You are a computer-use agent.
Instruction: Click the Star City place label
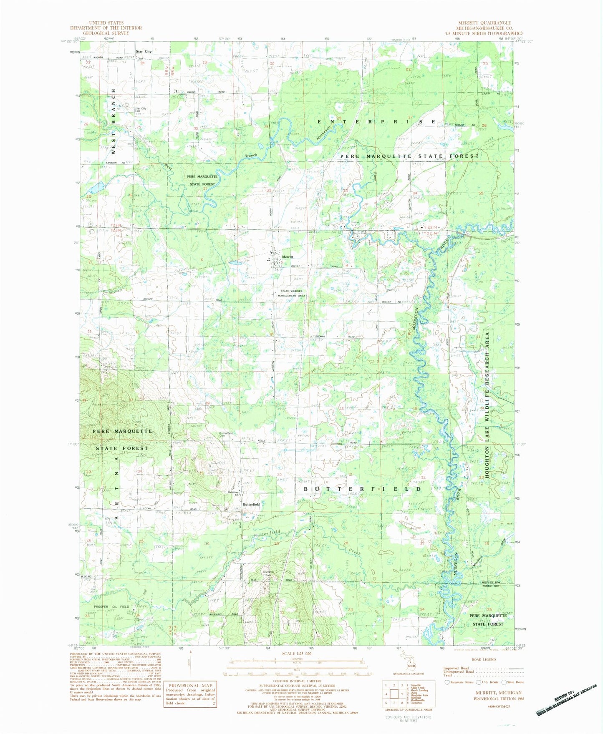144,51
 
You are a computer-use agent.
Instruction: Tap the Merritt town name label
288,257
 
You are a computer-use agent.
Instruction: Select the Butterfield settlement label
251,504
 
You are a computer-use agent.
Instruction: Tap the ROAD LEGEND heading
484,659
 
